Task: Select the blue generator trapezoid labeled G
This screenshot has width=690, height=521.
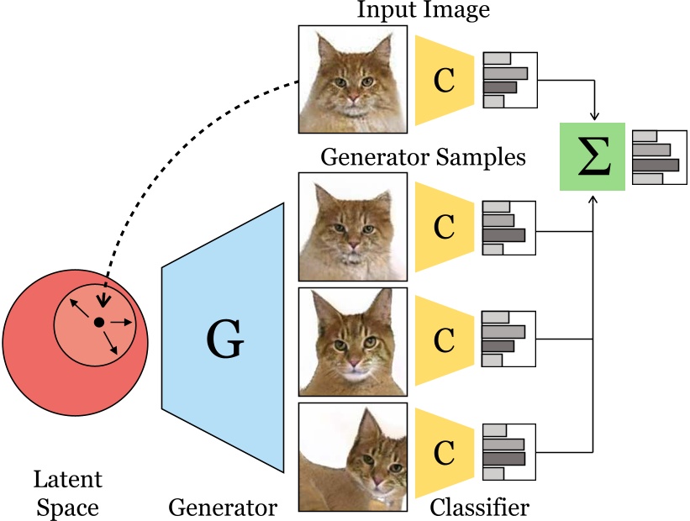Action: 224,340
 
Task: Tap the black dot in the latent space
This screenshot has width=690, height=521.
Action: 98,323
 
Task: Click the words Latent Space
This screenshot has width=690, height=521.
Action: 67,494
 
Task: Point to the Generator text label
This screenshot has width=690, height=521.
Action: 223,508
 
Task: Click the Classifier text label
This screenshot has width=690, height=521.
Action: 480,508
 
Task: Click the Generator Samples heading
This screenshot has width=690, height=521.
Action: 423,157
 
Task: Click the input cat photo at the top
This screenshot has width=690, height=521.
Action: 353,79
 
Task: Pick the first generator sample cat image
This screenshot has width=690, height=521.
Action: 353,225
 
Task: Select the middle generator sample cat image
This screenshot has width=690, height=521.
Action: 353,340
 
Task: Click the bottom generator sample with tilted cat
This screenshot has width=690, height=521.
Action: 353,457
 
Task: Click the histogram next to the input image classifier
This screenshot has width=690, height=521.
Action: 509,80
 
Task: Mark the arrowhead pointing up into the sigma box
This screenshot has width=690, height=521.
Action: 593,197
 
